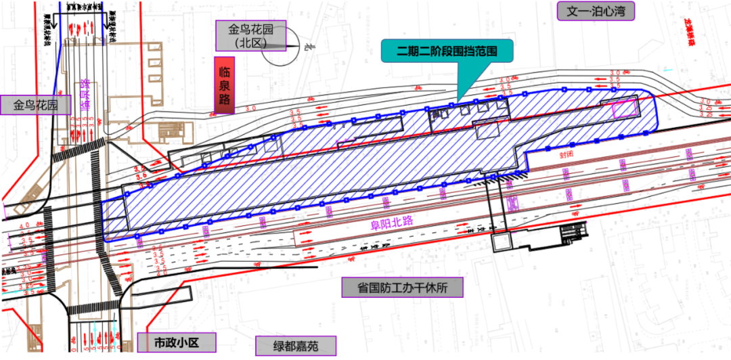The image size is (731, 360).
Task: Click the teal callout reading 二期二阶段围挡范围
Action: (x=447, y=51)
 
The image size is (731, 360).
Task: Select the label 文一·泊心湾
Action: (x=596, y=11)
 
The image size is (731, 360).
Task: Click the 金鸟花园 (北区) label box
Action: (x=250, y=35)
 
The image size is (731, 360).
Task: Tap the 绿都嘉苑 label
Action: (x=295, y=346)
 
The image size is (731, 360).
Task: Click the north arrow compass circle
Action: (x=280, y=47)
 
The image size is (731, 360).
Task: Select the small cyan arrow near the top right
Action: (x=667, y=69)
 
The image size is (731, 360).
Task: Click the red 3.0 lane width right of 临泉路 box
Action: (x=251, y=108)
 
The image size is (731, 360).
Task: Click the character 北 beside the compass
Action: (x=307, y=47)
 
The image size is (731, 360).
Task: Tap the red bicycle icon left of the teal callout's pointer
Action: (x=418, y=88)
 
